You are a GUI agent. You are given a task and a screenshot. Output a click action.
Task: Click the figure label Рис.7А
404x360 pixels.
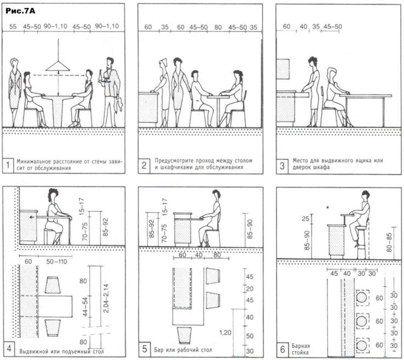pos(20,11)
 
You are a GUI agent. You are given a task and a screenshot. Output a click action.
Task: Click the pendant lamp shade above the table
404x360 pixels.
pos(58,66)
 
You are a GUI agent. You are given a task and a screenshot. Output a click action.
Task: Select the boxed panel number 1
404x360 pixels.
pos(8,165)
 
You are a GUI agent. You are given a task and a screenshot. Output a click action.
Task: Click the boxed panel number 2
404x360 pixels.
pos(144,165)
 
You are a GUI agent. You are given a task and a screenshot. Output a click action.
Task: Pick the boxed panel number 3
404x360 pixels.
pos(282,166)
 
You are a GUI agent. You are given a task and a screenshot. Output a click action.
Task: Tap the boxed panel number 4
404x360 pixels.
pos(8,348)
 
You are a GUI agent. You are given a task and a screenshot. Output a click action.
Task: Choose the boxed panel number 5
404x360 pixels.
pos(144,349)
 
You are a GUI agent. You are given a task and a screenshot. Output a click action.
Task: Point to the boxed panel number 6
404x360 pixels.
pos(283,349)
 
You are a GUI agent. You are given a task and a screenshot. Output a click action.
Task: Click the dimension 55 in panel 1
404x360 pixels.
pos(13,26)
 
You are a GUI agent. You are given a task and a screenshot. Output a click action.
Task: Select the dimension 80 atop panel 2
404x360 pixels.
pos(218,27)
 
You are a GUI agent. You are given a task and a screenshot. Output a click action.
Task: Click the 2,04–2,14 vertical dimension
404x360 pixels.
pos(106,298)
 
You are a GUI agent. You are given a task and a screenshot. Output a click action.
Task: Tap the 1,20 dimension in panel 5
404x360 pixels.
pos(225,333)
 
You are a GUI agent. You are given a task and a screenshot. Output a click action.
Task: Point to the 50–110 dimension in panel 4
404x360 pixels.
pos(57,262)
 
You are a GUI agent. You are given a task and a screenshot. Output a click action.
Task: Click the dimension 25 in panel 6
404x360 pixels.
pos(305,219)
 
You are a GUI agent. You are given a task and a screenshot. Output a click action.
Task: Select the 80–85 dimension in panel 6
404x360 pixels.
pos(389,242)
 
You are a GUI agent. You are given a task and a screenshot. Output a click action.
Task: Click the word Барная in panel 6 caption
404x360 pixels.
pos(301,346)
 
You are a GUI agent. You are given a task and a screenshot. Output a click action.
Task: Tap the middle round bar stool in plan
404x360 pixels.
pos(362,321)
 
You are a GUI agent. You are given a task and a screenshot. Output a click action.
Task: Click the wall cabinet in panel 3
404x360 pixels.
pos(283,69)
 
